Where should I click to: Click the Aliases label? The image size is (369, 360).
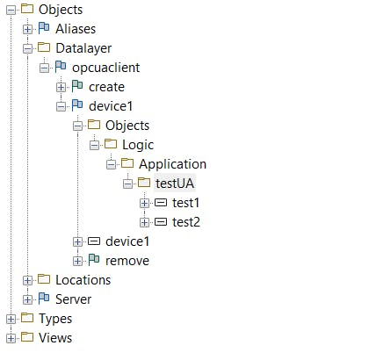76,29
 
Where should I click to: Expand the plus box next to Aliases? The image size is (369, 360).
27,29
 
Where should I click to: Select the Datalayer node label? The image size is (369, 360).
83,48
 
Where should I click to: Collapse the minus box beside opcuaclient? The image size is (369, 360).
44,68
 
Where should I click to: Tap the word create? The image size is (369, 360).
106,87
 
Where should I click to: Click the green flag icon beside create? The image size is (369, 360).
77,86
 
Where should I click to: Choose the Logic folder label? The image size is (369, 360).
138,145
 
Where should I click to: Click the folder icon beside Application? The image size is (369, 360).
127,163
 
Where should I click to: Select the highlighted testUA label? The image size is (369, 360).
175,184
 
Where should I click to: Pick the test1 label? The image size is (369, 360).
185,203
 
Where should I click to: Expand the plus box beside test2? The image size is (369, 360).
144,222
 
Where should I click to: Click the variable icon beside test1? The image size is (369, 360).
161,203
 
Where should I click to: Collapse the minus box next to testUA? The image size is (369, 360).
127,184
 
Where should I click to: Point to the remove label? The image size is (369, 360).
127,261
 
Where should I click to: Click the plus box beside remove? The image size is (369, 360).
77,261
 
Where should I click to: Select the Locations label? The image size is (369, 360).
83,280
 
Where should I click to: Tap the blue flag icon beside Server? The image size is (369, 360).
44,299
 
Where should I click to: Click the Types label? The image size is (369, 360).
55,319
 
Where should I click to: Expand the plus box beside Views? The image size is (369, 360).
11,338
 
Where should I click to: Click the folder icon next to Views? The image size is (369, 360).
27,337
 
